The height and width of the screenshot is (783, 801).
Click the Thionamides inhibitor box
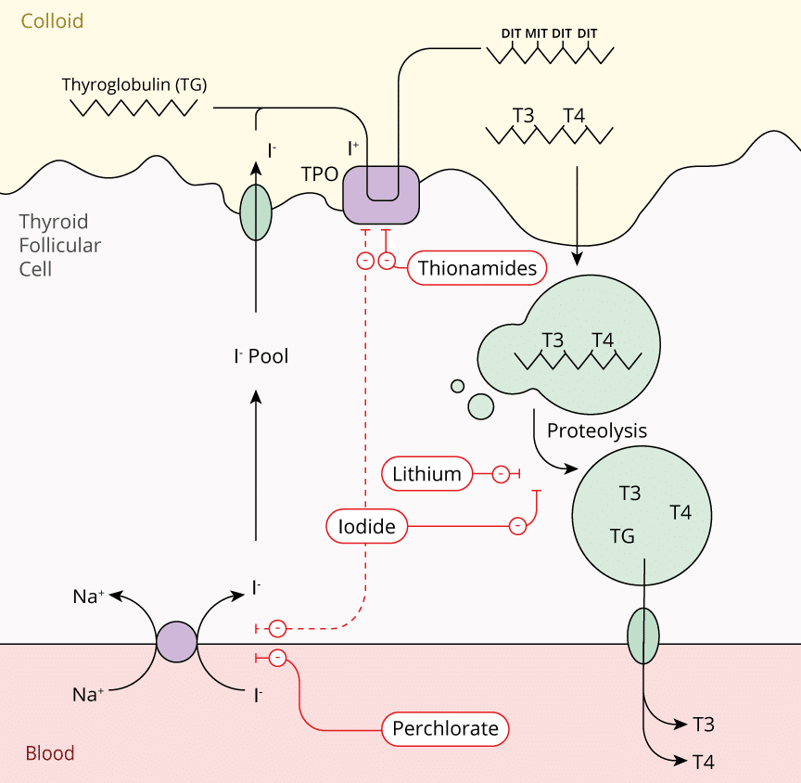[477, 269]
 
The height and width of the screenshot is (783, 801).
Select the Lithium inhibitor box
[426, 475]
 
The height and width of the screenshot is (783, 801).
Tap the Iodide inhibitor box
[367, 527]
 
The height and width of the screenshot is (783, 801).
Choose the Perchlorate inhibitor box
[445, 728]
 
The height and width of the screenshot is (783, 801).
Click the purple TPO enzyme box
[381, 195]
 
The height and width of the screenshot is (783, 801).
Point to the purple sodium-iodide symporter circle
[176, 642]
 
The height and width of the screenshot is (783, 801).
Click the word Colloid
[53, 20]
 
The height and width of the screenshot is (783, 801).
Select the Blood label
[50, 753]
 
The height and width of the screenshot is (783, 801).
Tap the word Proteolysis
[597, 430]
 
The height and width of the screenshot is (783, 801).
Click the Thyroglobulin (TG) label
[134, 84]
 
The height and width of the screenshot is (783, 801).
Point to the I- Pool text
[261, 355]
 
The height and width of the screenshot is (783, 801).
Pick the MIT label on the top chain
[537, 33]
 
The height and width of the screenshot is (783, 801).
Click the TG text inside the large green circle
[622, 535]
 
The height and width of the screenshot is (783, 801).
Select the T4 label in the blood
[704, 763]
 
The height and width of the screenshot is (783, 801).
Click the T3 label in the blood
[704, 725]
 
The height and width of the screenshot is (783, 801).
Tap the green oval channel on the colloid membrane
[256, 212]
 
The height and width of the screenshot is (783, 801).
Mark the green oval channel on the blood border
[643, 635]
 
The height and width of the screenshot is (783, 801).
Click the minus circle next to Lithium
[501, 475]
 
